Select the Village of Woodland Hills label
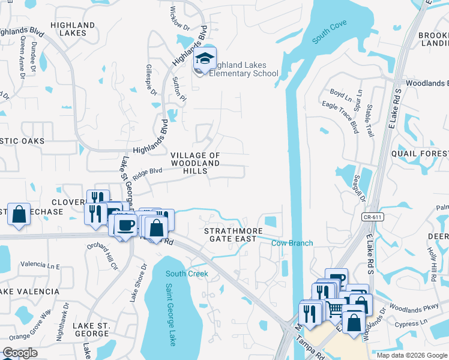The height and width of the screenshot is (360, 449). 196,163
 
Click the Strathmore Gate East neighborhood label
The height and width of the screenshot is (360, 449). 234,235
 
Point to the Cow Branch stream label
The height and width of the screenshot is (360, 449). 292,243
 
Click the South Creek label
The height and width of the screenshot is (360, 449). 187,274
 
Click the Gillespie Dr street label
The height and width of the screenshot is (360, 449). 150,80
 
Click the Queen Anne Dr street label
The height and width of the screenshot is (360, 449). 22,57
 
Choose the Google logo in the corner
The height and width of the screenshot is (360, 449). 20,353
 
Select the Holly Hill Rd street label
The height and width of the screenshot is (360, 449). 433,265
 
